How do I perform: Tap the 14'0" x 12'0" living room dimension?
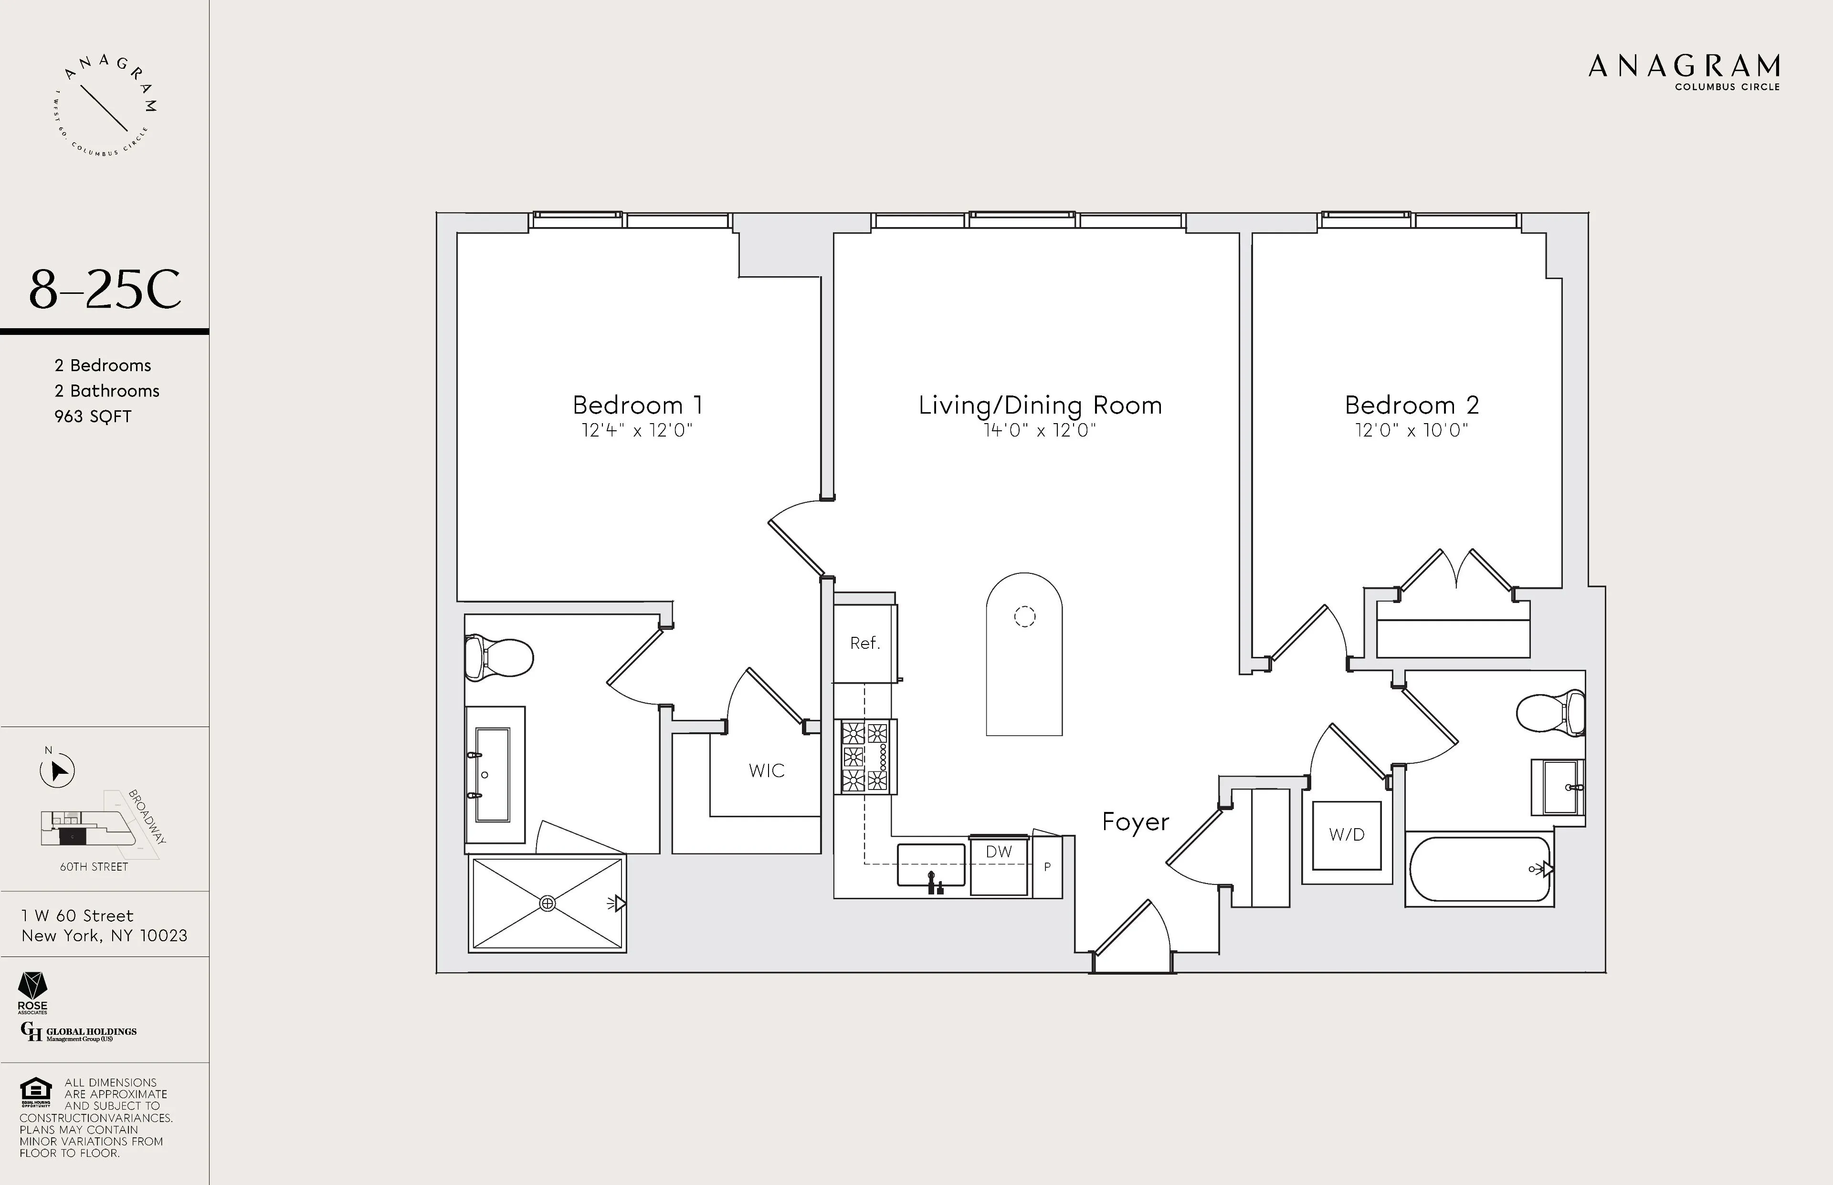click(x=1039, y=430)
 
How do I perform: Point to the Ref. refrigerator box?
click(x=864, y=643)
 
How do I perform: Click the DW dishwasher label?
click(x=999, y=852)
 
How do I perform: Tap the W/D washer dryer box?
click(x=1347, y=835)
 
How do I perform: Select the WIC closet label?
click(x=766, y=770)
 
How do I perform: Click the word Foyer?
click(x=1135, y=822)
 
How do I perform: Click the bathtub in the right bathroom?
click(x=1478, y=869)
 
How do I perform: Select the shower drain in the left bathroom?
click(x=548, y=904)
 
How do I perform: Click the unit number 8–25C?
click(x=105, y=290)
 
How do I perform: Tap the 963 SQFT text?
click(x=93, y=416)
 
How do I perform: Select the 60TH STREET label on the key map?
click(x=94, y=866)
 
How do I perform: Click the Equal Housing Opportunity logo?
click(x=35, y=1091)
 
